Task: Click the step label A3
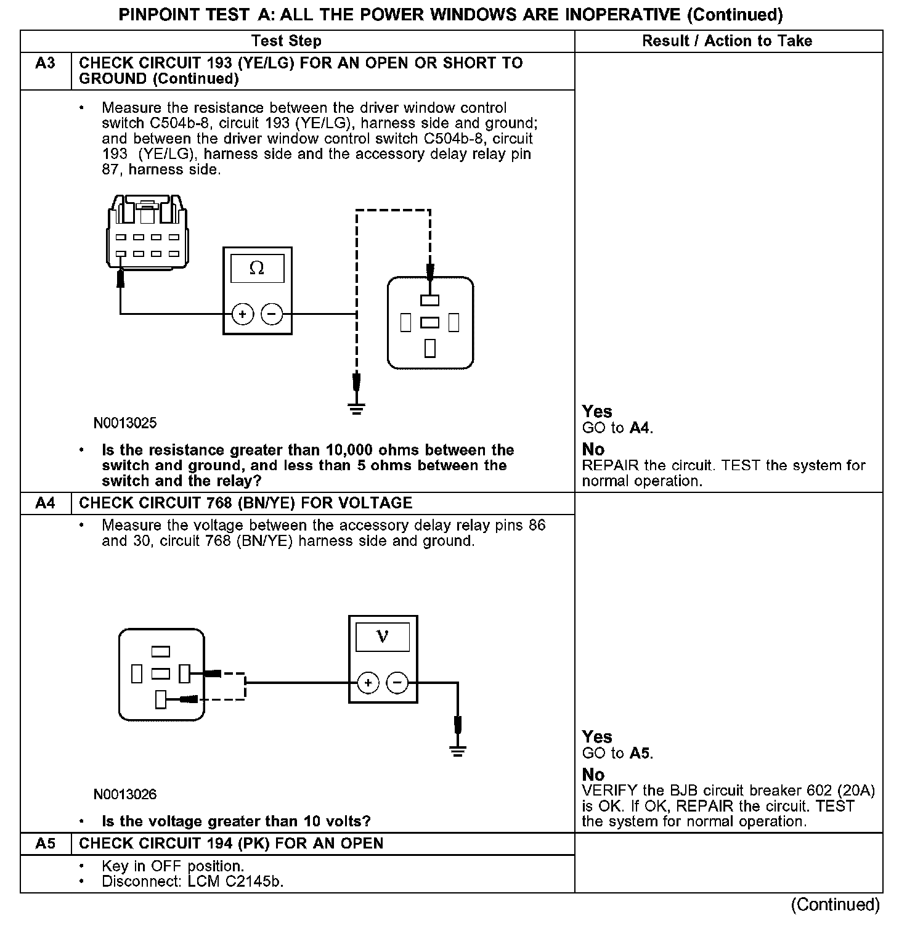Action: click(45, 63)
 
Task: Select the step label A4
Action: click(45, 503)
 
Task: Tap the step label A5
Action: click(45, 844)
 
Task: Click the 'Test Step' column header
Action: click(287, 41)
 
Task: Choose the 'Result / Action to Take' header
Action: click(727, 41)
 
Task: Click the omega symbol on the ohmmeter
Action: click(257, 269)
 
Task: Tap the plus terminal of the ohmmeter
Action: click(242, 314)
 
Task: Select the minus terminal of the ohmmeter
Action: click(272, 314)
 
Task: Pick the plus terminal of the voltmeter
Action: click(368, 683)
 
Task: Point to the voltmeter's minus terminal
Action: click(397, 683)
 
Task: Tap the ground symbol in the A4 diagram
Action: click(457, 750)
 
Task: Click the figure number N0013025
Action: click(125, 423)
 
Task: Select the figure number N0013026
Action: click(125, 794)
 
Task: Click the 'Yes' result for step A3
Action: click(597, 412)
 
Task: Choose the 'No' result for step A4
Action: click(593, 775)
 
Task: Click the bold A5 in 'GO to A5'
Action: click(640, 753)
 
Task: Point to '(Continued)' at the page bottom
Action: click(836, 904)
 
